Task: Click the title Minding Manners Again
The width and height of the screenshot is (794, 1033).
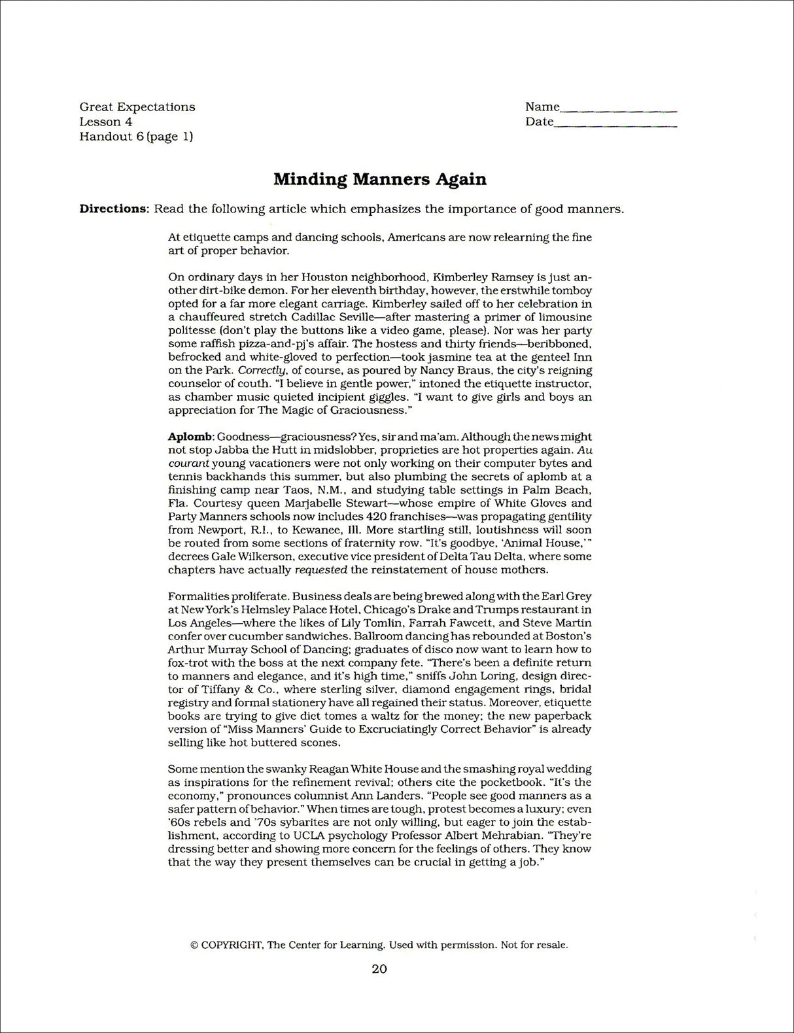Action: [379, 179]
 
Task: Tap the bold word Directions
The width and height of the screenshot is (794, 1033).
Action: [112, 209]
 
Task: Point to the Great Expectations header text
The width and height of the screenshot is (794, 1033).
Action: [137, 107]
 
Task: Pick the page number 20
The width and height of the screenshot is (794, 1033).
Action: [379, 969]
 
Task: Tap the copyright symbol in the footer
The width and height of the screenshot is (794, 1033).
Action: [194, 945]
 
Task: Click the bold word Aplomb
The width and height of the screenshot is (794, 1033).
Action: [190, 437]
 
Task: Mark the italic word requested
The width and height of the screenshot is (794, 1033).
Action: [320, 570]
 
